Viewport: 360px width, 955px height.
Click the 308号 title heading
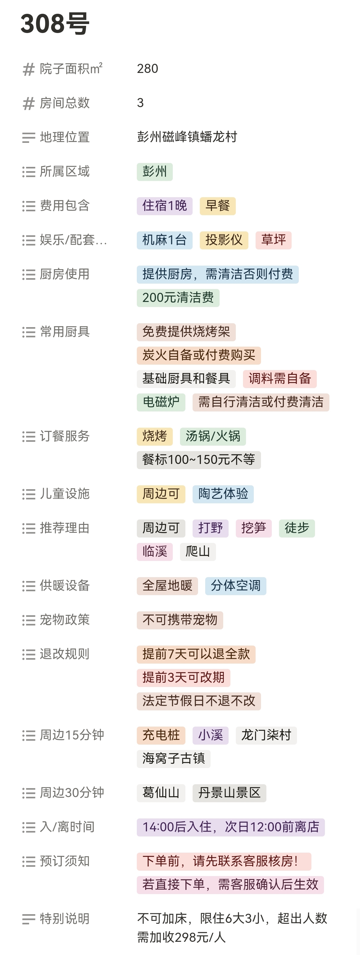point(55,24)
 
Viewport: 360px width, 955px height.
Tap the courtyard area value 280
point(148,69)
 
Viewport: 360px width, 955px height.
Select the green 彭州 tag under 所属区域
point(154,172)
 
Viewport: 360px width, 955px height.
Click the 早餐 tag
point(217,206)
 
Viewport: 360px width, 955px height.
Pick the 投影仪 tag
point(224,240)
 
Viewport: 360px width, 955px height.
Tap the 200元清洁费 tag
point(178,297)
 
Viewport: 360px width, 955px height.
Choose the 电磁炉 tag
point(161,402)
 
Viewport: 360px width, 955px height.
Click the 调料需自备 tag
point(280,378)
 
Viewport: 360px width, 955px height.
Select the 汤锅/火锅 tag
point(213,436)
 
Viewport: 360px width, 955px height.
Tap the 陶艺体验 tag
point(223,494)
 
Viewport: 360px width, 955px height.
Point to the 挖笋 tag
point(253,528)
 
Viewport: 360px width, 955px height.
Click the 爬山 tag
point(198,551)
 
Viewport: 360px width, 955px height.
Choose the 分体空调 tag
point(235,586)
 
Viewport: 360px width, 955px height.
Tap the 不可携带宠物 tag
point(180,620)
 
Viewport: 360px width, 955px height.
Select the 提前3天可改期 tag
point(184,677)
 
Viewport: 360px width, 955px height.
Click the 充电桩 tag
point(161,735)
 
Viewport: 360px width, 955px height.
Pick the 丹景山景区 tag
point(229,793)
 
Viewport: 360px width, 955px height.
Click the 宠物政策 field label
point(64,620)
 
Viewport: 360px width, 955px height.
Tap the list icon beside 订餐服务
point(28,436)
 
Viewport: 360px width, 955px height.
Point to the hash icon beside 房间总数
point(28,104)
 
